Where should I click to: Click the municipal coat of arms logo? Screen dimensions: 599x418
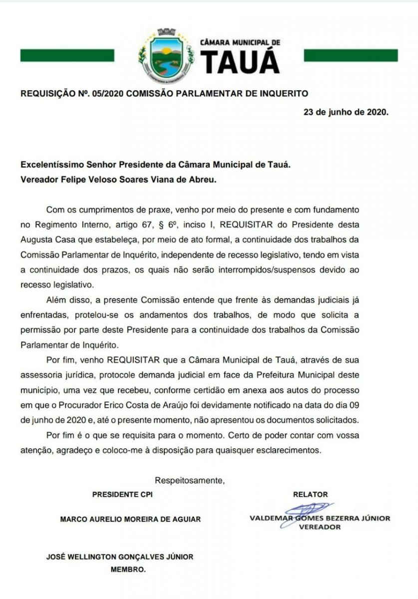[x=165, y=55]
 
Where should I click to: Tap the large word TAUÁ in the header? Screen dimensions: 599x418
[x=241, y=62]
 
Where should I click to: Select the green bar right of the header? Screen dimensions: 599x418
[x=351, y=55]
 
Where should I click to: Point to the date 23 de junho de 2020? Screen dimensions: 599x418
[x=346, y=112]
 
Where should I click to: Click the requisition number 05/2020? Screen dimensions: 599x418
[x=108, y=93]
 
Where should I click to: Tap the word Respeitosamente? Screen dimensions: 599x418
[x=190, y=481]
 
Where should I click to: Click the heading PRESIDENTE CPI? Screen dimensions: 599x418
[x=122, y=495]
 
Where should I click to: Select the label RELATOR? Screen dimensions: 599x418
[x=310, y=495]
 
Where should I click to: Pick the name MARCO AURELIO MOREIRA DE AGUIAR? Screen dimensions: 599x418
[x=130, y=519]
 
